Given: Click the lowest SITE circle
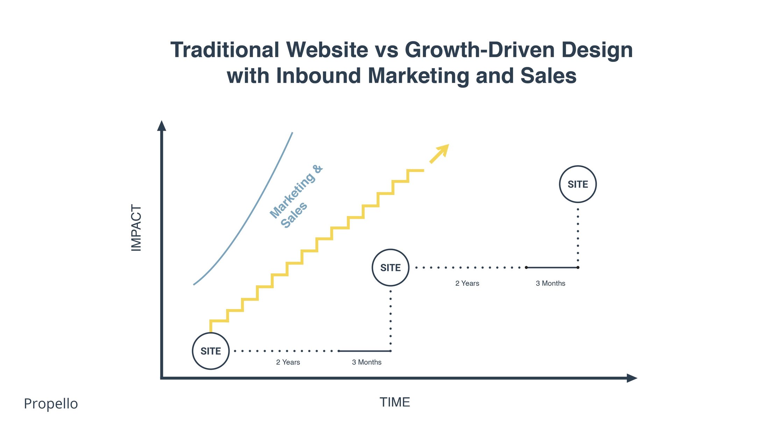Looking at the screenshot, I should pyautogui.click(x=211, y=351).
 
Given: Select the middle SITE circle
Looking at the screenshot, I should pyautogui.click(x=390, y=268).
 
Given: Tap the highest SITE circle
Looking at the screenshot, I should pyautogui.click(x=577, y=184).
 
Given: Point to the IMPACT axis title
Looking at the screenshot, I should pyautogui.click(x=136, y=228).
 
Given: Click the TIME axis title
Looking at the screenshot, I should pyautogui.click(x=395, y=402).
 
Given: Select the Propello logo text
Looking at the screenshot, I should pyautogui.click(x=51, y=404).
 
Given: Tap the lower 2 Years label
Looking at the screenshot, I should pyautogui.click(x=288, y=362).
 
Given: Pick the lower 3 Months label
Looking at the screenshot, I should pyautogui.click(x=367, y=362).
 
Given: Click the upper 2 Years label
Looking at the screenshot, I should pyautogui.click(x=467, y=283).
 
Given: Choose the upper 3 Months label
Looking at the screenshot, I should pyautogui.click(x=550, y=283).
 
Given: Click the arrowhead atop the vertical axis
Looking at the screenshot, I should pyautogui.click(x=161, y=126).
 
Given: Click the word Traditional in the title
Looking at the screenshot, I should pyautogui.click(x=225, y=50).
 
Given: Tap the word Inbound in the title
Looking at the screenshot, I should pyautogui.click(x=318, y=76).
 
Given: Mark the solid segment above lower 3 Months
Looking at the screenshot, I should pyautogui.click(x=364, y=351).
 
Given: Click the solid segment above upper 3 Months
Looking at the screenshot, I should pyautogui.click(x=552, y=267).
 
